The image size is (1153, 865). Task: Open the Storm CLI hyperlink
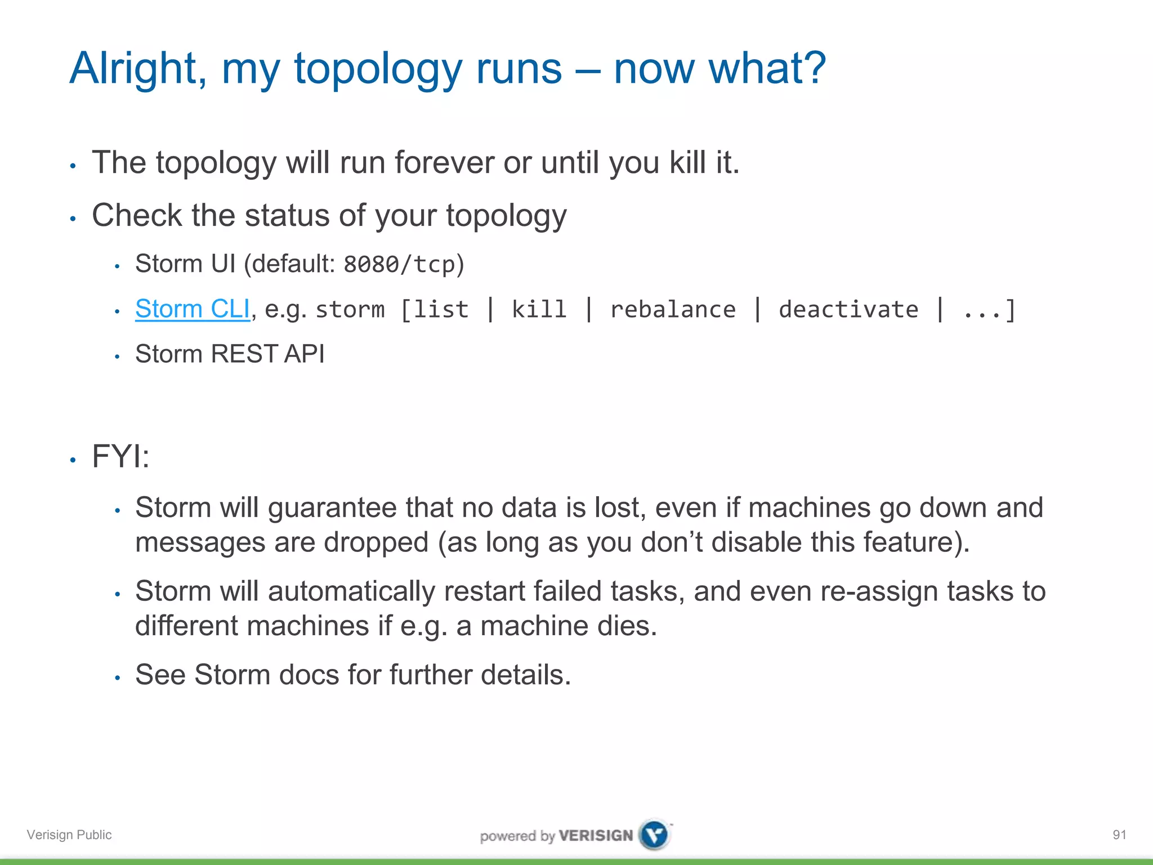pos(192,309)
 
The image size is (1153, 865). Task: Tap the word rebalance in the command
pos(673,310)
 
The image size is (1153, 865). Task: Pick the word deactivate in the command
pos(848,310)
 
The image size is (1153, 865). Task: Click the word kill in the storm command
pos(539,310)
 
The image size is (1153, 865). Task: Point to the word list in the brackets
pos(441,310)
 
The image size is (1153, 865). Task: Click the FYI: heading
pos(120,456)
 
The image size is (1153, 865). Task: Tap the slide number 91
pos(1119,835)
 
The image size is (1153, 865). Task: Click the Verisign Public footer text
pos(69,835)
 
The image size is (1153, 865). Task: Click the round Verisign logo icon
pos(654,835)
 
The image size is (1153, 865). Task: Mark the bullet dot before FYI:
pos(73,460)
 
